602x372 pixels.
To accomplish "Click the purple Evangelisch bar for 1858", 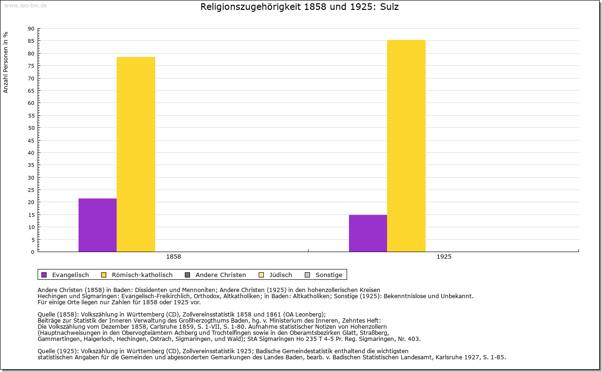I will [x=97, y=225].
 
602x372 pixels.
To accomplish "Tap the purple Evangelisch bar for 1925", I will [x=368, y=233].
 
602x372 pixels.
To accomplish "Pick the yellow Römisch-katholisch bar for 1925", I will [x=406, y=146].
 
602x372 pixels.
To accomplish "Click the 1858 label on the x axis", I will [x=174, y=257].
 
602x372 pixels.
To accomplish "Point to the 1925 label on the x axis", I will [x=444, y=257].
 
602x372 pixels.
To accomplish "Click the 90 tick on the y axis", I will [x=31, y=29].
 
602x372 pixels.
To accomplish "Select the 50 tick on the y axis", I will [x=31, y=128].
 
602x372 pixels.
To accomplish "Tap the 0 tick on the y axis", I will [x=32, y=252].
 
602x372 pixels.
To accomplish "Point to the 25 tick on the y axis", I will [x=31, y=190].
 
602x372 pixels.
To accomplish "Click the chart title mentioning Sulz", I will [x=300, y=7].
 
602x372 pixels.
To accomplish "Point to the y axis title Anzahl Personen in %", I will [x=6, y=62].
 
